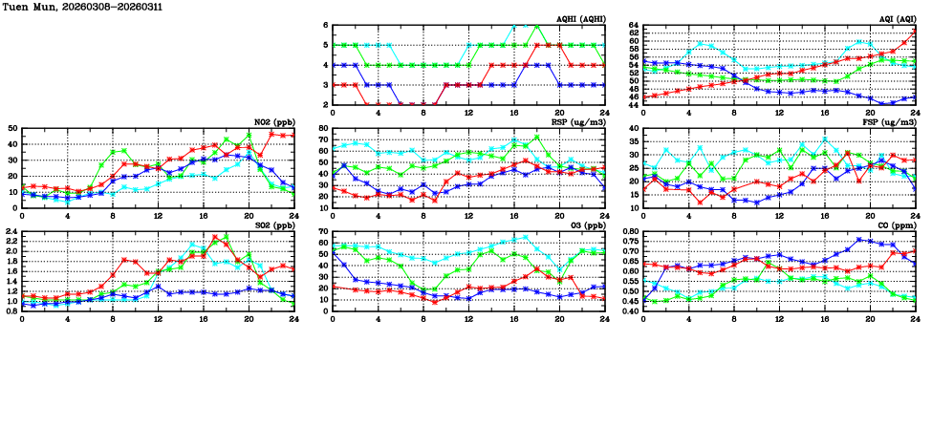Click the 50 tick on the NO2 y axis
pyautogui.click(x=11, y=128)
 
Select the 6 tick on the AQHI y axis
pyautogui.click(x=325, y=25)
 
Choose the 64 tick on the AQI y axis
pyautogui.click(x=634, y=25)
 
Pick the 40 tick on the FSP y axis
pyautogui.click(x=634, y=128)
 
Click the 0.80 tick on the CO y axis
pyautogui.click(x=627, y=232)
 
